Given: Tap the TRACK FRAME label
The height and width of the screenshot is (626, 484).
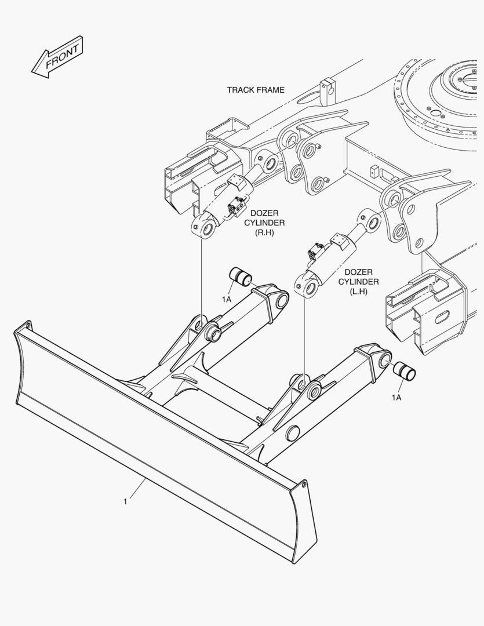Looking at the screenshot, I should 256,90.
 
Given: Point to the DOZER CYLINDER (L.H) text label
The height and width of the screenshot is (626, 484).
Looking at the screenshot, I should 358,282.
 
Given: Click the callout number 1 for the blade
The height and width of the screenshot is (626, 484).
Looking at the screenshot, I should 125,501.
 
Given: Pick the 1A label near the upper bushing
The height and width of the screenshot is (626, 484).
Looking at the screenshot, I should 226,299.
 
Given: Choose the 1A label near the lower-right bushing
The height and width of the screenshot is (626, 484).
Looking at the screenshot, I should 396,397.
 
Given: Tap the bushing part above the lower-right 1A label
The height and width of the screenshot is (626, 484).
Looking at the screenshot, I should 404,372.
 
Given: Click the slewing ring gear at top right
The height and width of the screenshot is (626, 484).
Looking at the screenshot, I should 441,96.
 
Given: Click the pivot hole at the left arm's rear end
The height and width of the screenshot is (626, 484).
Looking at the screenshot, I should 282,301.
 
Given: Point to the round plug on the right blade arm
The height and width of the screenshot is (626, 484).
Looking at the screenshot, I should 292,432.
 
